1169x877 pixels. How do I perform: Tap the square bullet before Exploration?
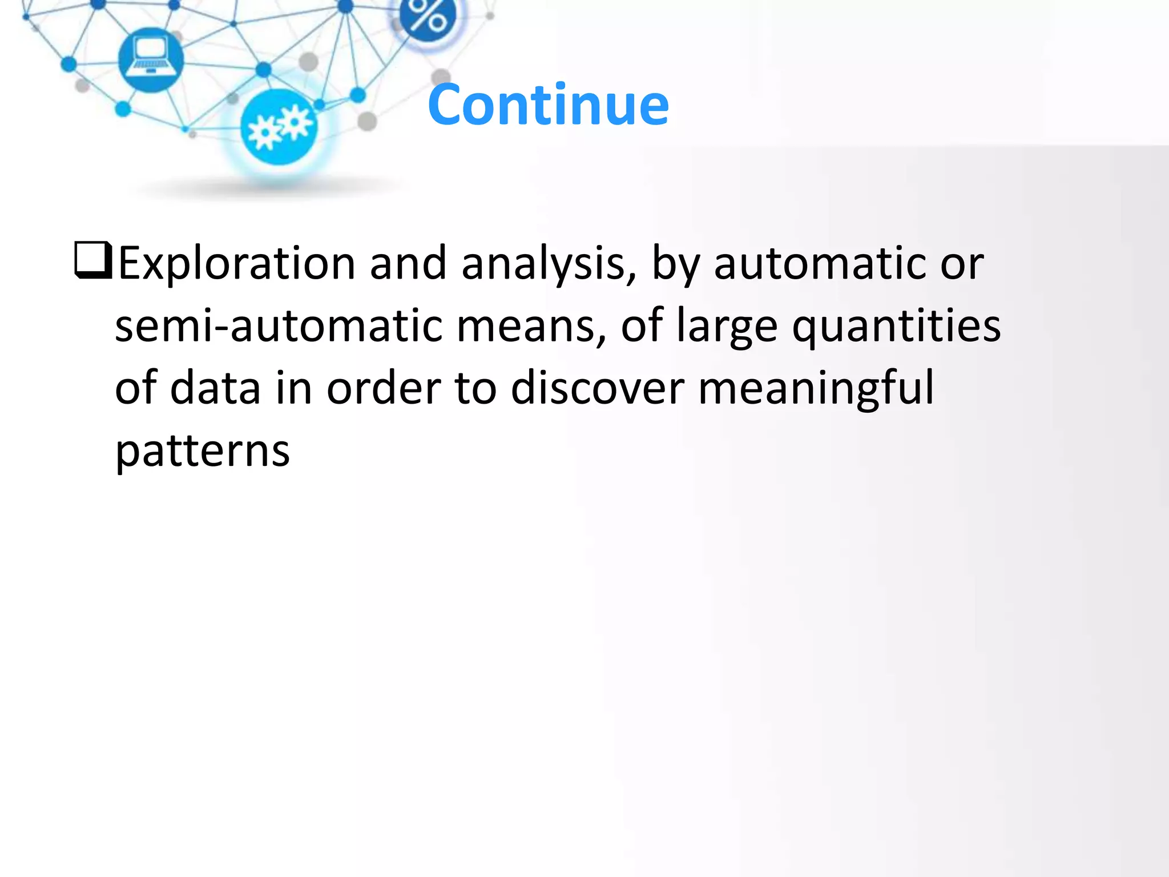pyautogui.click(x=93, y=260)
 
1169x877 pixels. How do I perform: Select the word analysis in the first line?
pyautogui.click(x=549, y=264)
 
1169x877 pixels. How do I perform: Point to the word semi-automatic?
pyautogui.click(x=278, y=326)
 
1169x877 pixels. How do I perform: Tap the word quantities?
pyautogui.click(x=896, y=326)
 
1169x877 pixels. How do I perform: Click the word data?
pyautogui.click(x=216, y=388)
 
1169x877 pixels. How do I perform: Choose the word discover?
pyautogui.click(x=597, y=388)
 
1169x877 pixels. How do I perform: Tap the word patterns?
pyautogui.click(x=203, y=452)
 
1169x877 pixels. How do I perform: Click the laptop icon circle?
pyautogui.click(x=151, y=59)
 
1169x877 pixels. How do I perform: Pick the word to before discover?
pyautogui.click(x=475, y=388)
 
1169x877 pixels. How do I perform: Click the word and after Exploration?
pyautogui.click(x=408, y=264)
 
